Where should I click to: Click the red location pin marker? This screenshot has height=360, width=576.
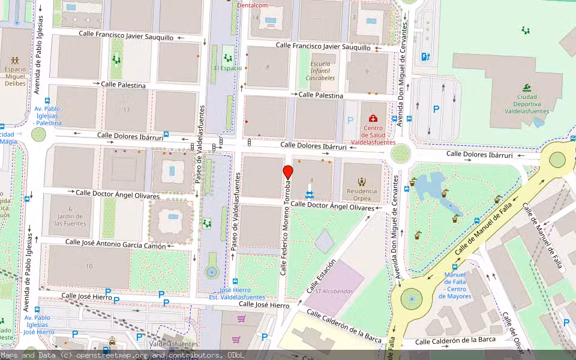pyautogui.click(x=288, y=172)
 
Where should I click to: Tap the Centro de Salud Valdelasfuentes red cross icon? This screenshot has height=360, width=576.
pyautogui.click(x=373, y=119)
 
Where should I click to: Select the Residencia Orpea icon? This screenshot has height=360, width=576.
pyautogui.click(x=362, y=181)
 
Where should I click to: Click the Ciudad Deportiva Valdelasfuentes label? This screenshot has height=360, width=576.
pyautogui.click(x=526, y=103)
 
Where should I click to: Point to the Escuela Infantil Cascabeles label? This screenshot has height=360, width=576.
pyautogui.click(x=320, y=71)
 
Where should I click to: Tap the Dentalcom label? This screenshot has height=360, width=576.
pyautogui.click(x=251, y=5)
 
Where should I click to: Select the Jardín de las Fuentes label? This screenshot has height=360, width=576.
pyautogui.click(x=70, y=220)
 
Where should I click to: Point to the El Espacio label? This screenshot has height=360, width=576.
pyautogui.click(x=227, y=68)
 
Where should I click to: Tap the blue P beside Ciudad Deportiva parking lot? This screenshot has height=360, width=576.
pyautogui.click(x=436, y=109)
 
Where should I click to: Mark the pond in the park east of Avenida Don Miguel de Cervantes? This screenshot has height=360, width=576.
pyautogui.click(x=430, y=186)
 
